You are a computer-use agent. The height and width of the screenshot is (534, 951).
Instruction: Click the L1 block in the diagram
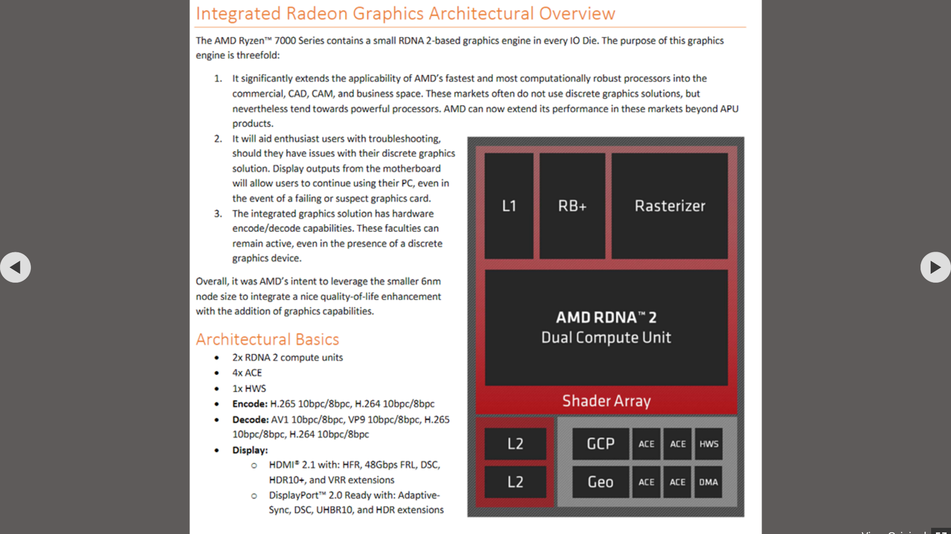[509, 206]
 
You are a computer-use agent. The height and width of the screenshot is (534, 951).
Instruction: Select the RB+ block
[572, 206]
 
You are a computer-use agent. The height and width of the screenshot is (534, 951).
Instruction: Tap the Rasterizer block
[670, 206]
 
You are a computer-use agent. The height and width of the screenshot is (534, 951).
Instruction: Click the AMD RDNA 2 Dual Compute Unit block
[606, 327]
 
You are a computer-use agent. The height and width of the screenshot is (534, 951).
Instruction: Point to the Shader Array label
[606, 401]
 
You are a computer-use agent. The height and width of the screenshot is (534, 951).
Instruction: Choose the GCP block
[600, 443]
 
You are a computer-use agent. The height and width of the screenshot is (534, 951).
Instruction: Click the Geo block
[600, 482]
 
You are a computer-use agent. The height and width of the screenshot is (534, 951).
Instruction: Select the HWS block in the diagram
[709, 443]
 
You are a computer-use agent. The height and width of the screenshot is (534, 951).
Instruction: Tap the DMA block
[708, 482]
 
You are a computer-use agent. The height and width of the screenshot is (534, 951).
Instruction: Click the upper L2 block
[515, 443]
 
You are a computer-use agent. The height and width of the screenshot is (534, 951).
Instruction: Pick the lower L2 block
[515, 482]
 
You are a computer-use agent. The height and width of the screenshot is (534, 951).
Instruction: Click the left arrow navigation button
[15, 267]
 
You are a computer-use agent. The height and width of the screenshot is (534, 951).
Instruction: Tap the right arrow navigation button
[935, 267]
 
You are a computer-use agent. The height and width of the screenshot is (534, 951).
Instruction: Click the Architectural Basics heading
[267, 339]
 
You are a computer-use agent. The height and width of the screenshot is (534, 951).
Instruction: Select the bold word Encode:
[250, 404]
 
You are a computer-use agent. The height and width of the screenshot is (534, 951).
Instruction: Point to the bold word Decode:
[250, 419]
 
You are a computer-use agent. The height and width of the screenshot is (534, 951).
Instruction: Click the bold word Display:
[250, 450]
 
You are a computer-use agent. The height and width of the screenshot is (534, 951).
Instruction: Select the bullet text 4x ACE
[247, 373]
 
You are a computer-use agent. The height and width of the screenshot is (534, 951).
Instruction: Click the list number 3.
[218, 214]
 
